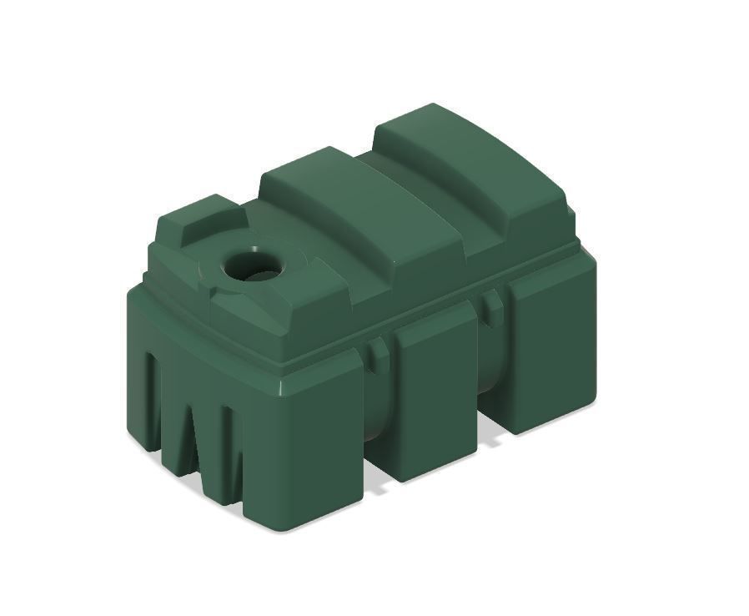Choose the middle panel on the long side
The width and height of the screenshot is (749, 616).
[434, 392]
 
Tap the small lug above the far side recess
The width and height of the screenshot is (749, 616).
[493, 305]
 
